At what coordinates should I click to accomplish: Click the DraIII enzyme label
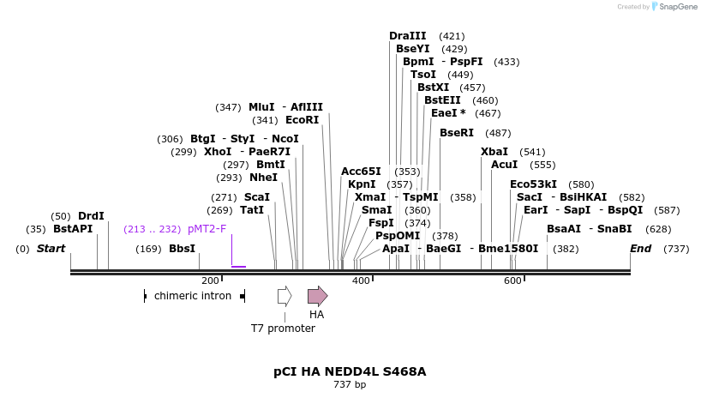click(x=407, y=36)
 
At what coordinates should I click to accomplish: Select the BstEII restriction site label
click(x=442, y=100)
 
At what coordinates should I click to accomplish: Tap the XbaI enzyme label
click(x=494, y=152)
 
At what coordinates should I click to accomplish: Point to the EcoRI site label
click(x=302, y=120)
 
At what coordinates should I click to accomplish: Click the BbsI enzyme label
click(x=182, y=249)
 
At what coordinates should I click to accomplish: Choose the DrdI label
click(x=91, y=216)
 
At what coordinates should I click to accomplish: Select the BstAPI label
click(x=73, y=229)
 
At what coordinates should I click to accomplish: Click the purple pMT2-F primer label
click(x=207, y=229)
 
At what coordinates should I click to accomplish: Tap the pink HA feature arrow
click(x=317, y=297)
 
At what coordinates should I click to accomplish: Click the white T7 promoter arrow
click(x=285, y=297)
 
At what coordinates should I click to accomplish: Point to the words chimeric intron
click(x=193, y=296)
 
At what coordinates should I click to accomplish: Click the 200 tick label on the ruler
click(x=210, y=280)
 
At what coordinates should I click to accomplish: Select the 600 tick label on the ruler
click(x=512, y=280)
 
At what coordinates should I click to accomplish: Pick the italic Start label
click(x=51, y=249)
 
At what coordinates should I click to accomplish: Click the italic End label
click(x=640, y=249)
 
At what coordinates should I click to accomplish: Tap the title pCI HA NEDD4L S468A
click(x=350, y=371)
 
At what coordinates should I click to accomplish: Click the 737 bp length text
click(x=350, y=385)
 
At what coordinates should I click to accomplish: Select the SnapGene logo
click(x=672, y=7)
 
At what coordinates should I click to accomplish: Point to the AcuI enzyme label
click(x=504, y=165)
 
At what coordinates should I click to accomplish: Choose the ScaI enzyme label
click(x=257, y=197)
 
